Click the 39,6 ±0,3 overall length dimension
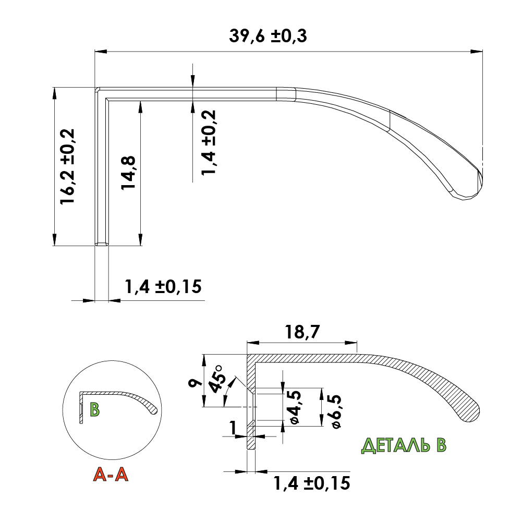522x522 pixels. [268, 36]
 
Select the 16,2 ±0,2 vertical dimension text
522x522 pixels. [68, 166]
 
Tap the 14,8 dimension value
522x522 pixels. [130, 173]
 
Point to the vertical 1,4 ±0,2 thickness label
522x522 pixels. [209, 142]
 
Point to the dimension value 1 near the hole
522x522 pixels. [233, 428]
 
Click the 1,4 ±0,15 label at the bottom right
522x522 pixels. [311, 483]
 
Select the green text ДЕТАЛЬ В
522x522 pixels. [405, 445]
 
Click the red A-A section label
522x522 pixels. [110, 474]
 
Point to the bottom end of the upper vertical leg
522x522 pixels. [102, 244]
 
